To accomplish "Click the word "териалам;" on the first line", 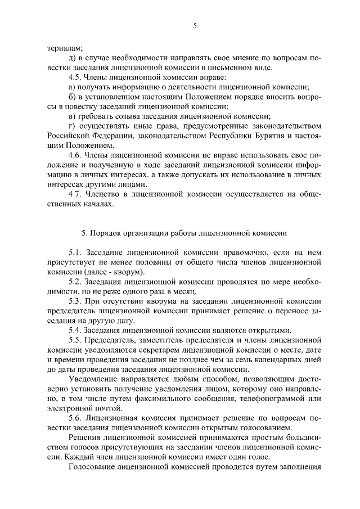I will click(65, 48).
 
